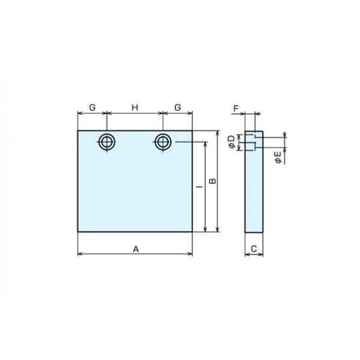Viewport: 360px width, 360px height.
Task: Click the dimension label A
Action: [x=136, y=249]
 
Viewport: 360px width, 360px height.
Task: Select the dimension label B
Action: [x=213, y=181]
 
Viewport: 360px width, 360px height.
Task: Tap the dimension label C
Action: [x=253, y=249]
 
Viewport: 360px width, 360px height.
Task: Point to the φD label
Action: [x=232, y=142]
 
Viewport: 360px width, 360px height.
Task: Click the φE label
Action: [x=278, y=158]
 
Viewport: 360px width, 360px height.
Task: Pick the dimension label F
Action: [x=236, y=108]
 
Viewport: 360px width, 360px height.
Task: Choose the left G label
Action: [x=92, y=107]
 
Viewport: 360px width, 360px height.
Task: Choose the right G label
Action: [x=178, y=107]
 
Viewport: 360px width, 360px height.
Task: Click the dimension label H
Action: [x=135, y=107]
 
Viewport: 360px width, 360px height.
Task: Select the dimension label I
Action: [x=200, y=187]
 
